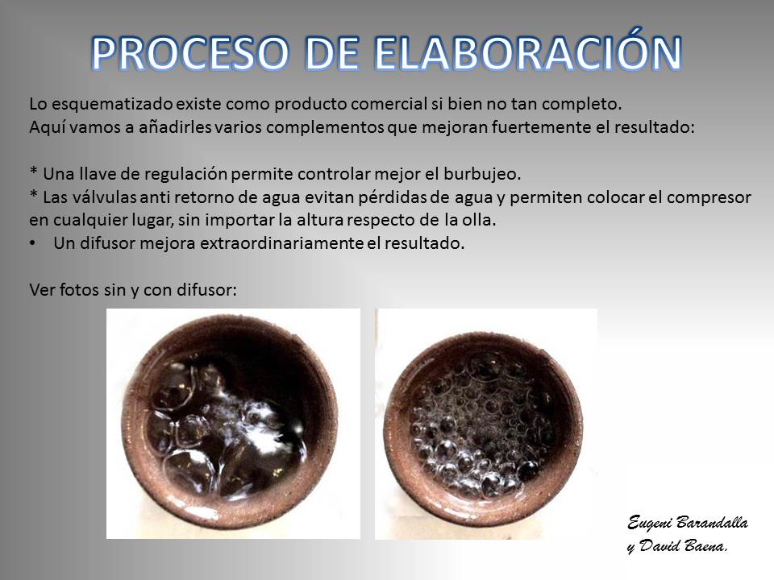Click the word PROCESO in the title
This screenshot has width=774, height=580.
pos(190,53)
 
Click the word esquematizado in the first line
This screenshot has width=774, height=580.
pos(112,105)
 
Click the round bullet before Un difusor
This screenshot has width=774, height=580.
pos(32,243)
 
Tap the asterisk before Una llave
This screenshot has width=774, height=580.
pos(34,171)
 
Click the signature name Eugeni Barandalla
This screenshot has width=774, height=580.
pos(688,523)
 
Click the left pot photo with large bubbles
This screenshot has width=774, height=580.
pos(233,424)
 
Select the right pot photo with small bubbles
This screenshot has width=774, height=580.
pos(486,424)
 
